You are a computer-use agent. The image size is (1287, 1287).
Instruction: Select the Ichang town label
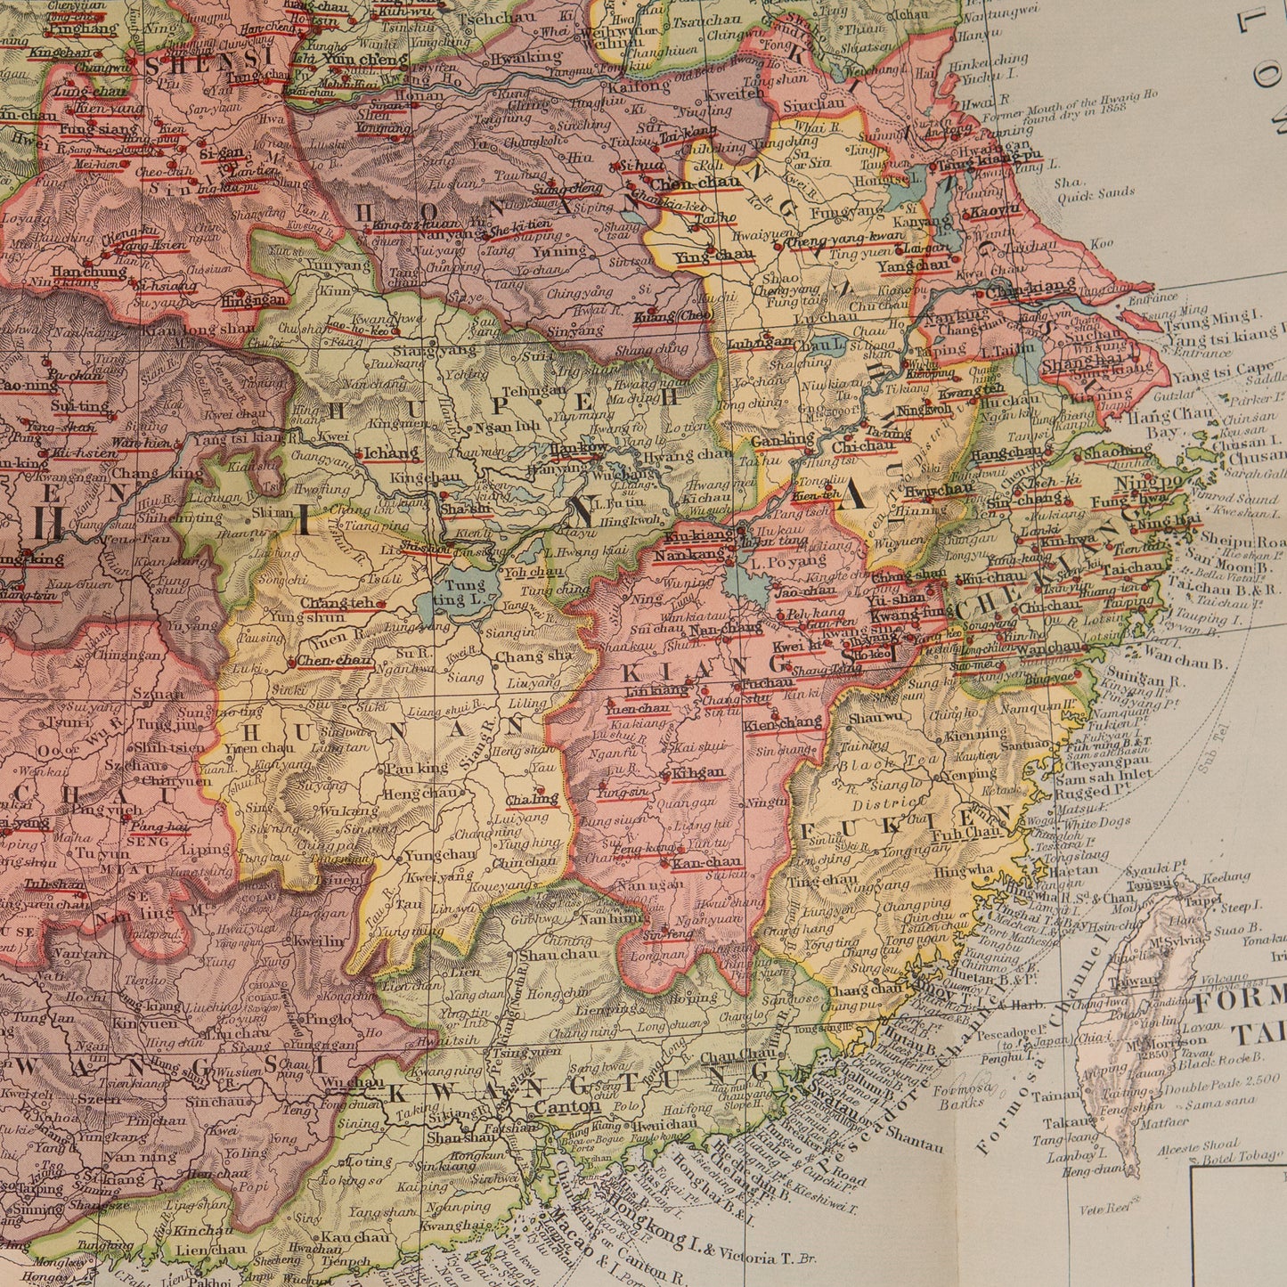pyautogui.click(x=392, y=452)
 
